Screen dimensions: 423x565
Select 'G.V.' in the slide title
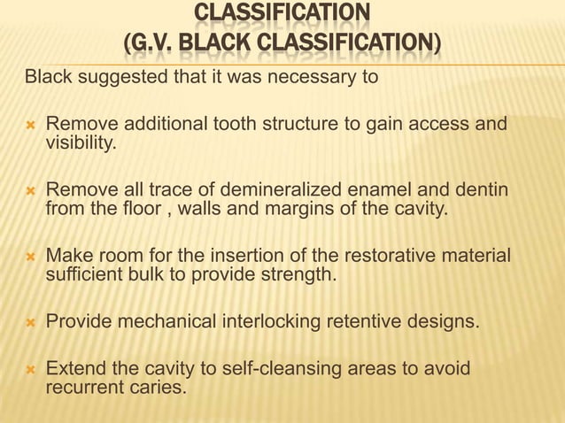coord(157,43)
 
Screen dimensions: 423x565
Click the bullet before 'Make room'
coord(29,257)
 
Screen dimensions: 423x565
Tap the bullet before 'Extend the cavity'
coord(29,368)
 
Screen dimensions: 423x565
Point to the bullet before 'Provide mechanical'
coord(29,320)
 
